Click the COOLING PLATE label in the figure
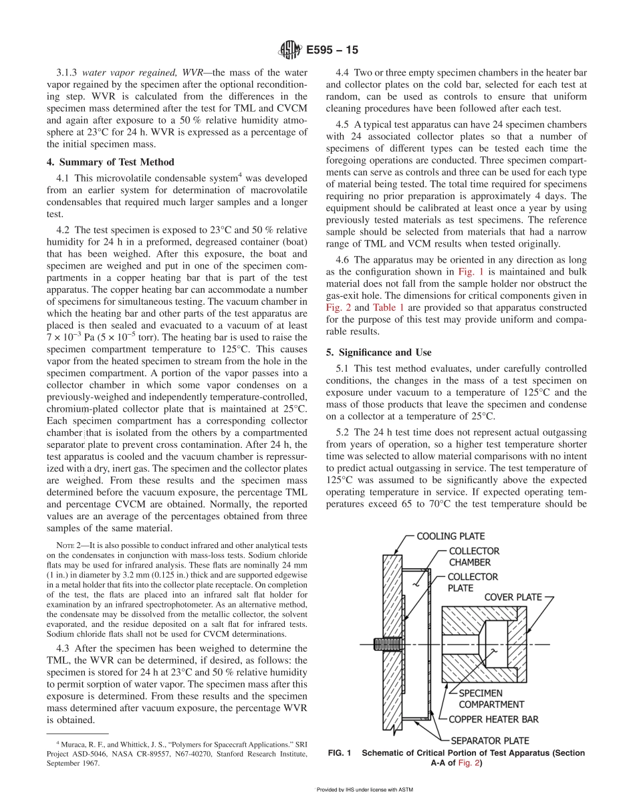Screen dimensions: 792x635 [451, 536]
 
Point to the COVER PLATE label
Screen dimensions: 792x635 [513, 596]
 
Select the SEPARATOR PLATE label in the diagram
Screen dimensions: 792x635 [490, 740]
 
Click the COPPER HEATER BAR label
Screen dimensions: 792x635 [493, 719]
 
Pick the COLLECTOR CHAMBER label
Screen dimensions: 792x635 [474, 556]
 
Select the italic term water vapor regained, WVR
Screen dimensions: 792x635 [132, 72]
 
